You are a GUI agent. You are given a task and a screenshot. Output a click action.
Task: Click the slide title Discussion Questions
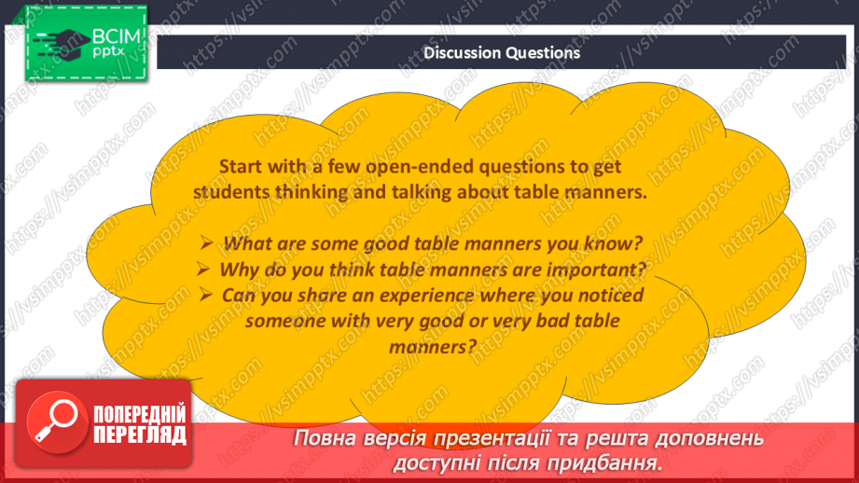pos(502,53)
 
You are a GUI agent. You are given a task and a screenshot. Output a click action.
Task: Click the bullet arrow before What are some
pos(208,245)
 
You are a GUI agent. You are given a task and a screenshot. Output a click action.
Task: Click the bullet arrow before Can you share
pos(207,296)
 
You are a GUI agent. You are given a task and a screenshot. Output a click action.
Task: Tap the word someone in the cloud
pos(284,321)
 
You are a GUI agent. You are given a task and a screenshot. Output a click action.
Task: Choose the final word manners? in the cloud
pos(431,346)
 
